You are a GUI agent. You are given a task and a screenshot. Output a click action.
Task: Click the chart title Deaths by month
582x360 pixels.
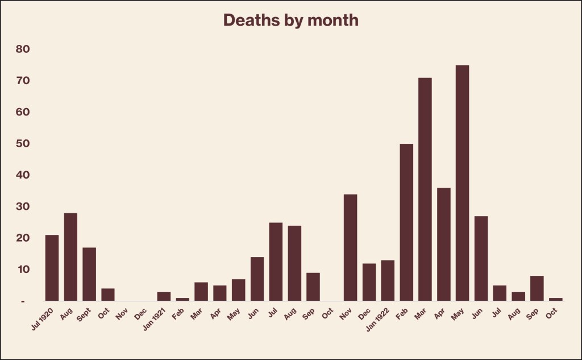(x=290, y=20)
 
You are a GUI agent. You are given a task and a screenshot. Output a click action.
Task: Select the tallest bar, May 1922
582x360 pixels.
(x=462, y=182)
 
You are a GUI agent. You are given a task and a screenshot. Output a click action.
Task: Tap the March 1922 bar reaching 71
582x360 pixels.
(x=425, y=189)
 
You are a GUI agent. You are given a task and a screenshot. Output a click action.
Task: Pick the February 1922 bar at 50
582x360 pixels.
(x=406, y=222)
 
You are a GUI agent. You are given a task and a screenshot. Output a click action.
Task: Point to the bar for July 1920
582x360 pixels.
(x=52, y=267)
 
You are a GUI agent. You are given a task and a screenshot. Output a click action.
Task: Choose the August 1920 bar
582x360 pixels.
(x=70, y=256)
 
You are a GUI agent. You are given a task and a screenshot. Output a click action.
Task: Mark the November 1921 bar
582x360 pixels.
(x=351, y=247)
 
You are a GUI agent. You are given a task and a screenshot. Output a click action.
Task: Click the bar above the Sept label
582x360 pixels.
(x=89, y=274)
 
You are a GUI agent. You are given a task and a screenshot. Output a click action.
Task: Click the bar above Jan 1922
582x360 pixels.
(x=388, y=280)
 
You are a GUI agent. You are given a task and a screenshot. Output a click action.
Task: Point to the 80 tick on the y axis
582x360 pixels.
(x=23, y=49)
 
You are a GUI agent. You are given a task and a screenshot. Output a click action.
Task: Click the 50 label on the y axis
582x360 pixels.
(x=23, y=144)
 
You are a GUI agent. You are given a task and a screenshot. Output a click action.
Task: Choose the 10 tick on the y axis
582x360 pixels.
(x=23, y=269)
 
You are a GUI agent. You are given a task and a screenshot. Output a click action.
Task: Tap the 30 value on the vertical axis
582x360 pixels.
(x=23, y=206)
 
